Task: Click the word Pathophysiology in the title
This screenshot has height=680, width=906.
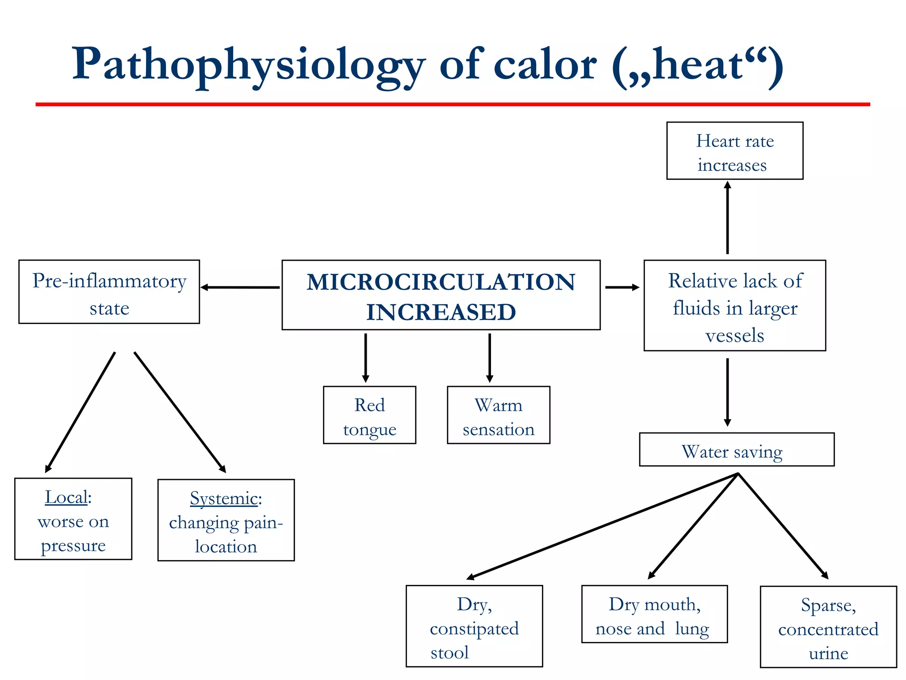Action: tap(248, 66)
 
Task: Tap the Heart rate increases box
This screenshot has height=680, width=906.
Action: tap(734, 151)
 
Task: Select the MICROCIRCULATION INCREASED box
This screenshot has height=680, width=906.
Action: tap(441, 295)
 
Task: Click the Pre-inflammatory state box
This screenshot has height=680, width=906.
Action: tap(109, 292)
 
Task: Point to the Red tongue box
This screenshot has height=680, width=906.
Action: tap(369, 415)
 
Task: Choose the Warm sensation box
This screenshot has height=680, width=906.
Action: tap(498, 415)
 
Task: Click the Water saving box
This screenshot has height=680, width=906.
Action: tap(737, 450)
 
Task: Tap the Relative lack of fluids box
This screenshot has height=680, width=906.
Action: tap(734, 306)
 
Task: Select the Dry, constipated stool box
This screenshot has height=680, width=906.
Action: tap(474, 626)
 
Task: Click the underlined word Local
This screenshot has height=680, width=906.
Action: tap(66, 497)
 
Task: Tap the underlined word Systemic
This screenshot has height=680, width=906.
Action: tap(224, 498)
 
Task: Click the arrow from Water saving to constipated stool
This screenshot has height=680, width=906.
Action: tap(602, 526)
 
